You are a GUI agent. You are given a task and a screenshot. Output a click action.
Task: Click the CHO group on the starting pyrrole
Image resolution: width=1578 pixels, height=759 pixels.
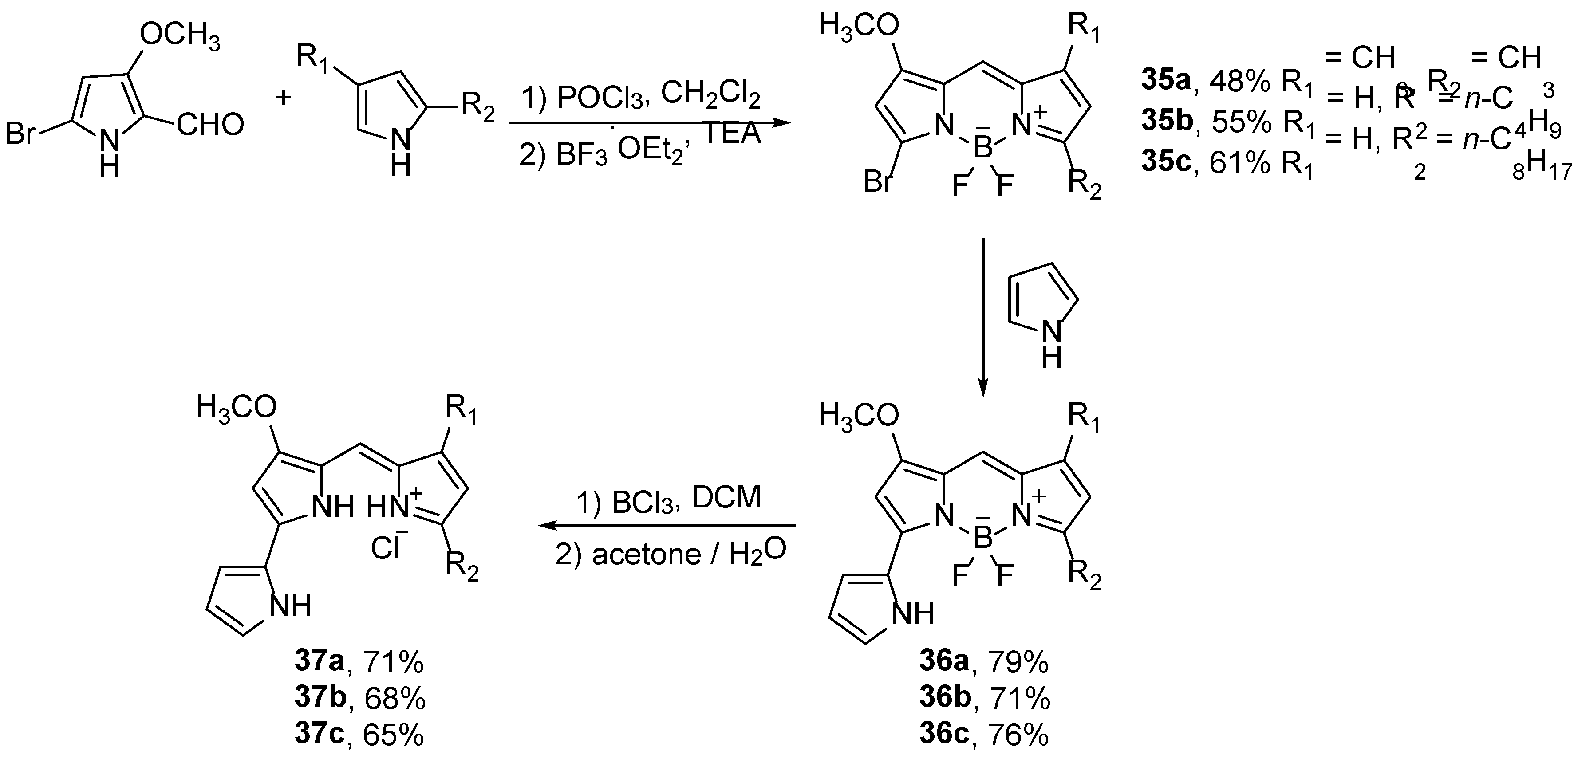210,125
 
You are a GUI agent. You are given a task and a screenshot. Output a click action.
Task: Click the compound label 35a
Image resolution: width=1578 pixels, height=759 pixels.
1166,82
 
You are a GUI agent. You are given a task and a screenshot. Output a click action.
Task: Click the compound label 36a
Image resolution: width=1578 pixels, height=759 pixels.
944,661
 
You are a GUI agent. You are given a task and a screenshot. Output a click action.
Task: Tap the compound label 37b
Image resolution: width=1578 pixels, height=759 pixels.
320,698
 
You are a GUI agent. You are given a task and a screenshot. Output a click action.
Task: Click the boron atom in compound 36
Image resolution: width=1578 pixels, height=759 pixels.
982,539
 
